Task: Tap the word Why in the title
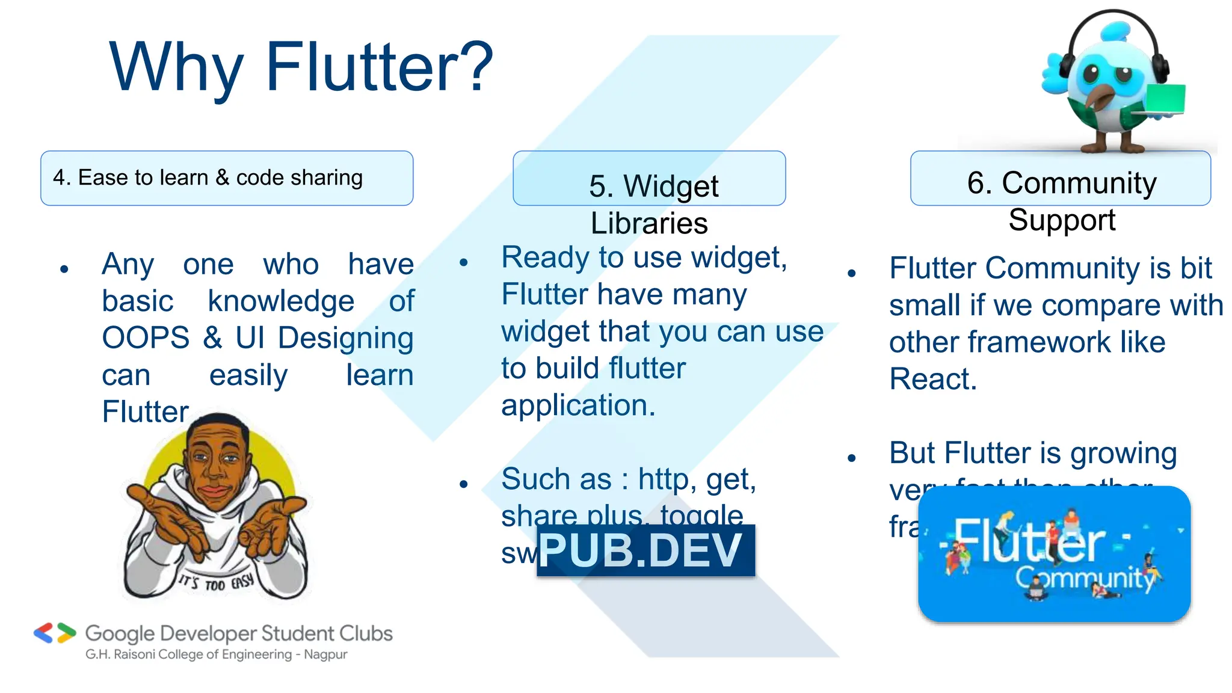coord(176,67)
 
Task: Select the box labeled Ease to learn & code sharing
coord(227,178)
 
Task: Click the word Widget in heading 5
coord(671,186)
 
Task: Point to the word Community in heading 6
coord(1079,182)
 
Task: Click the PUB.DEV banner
coord(645,550)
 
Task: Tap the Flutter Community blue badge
coord(1054,554)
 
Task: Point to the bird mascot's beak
coord(1102,97)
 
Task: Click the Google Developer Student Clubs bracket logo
coord(55,633)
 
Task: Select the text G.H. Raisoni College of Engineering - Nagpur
coord(216,654)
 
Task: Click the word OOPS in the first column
coord(146,338)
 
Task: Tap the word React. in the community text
coord(933,379)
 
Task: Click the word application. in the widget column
coord(578,405)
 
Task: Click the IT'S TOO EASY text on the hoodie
coord(216,583)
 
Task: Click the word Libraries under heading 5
coord(649,223)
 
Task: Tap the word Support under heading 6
coord(1062,220)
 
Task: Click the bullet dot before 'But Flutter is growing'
coord(851,458)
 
